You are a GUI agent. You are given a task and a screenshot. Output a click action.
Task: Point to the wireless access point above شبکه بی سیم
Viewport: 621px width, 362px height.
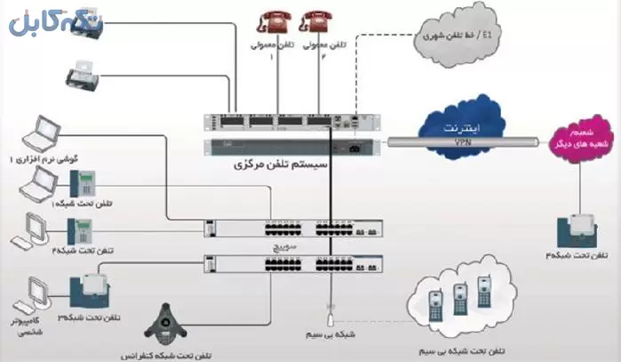coord(330,313)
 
